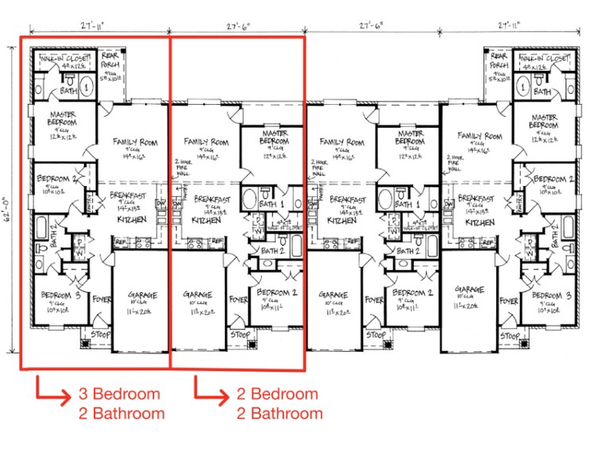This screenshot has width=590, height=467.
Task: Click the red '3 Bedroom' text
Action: (x=119, y=394)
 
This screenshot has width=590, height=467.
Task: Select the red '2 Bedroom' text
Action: (x=277, y=394)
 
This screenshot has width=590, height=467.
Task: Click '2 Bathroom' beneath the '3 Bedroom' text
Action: (x=121, y=413)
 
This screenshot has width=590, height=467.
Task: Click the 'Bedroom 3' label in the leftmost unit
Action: (x=59, y=295)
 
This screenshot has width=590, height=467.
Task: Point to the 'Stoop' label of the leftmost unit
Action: (x=98, y=335)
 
